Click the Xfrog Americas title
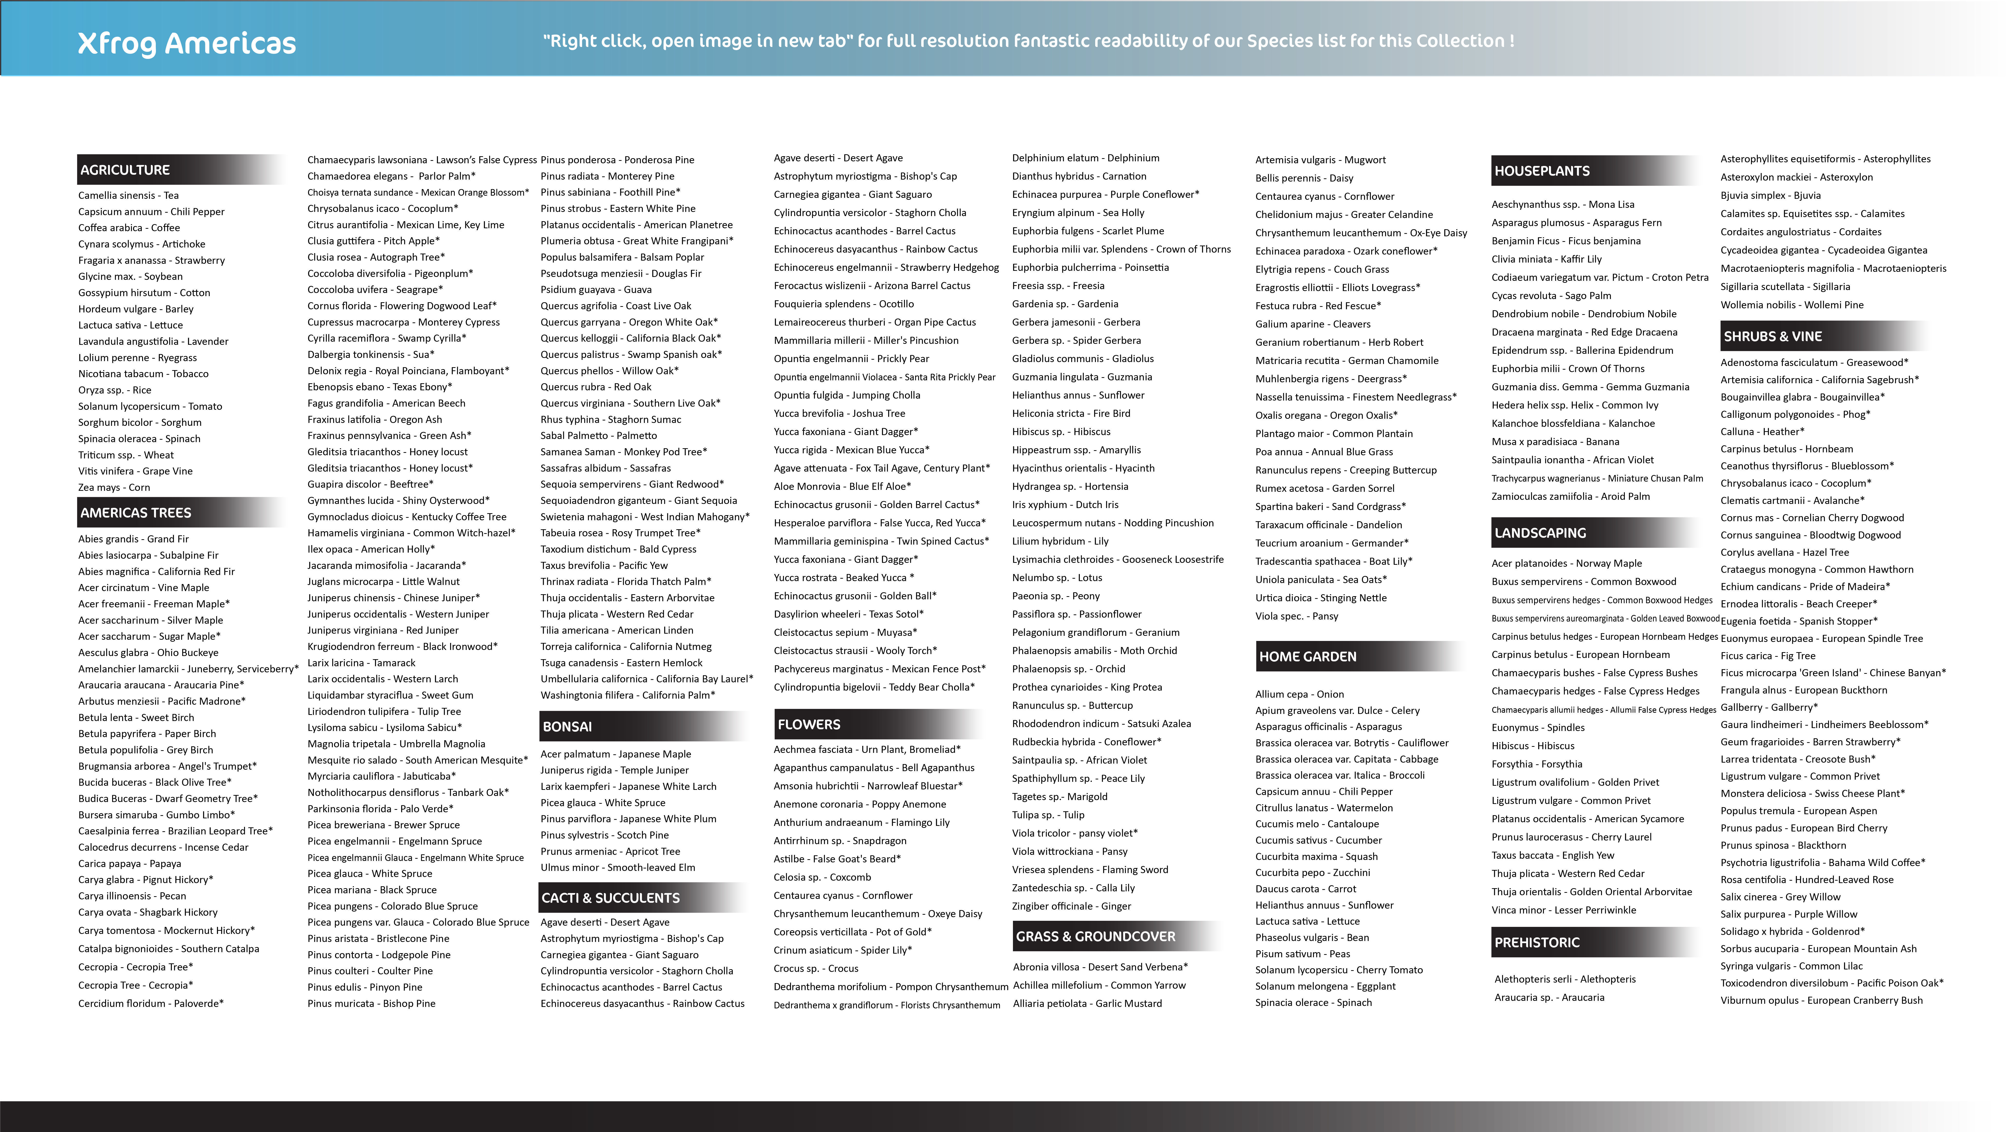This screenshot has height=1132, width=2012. click(x=187, y=44)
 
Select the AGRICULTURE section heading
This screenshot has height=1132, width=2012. click(x=125, y=170)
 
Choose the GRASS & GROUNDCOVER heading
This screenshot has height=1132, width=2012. click(x=1095, y=936)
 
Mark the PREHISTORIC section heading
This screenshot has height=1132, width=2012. click(x=1536, y=942)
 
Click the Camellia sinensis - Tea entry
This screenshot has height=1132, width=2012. click(x=128, y=195)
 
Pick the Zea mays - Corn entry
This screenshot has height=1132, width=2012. click(x=114, y=487)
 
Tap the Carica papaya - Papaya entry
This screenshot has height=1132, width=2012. click(x=130, y=863)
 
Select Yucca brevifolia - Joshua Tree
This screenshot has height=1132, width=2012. click(x=839, y=413)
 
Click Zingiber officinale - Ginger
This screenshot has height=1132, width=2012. click(x=1071, y=906)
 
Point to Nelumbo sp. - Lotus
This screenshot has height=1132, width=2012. click(x=1057, y=577)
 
